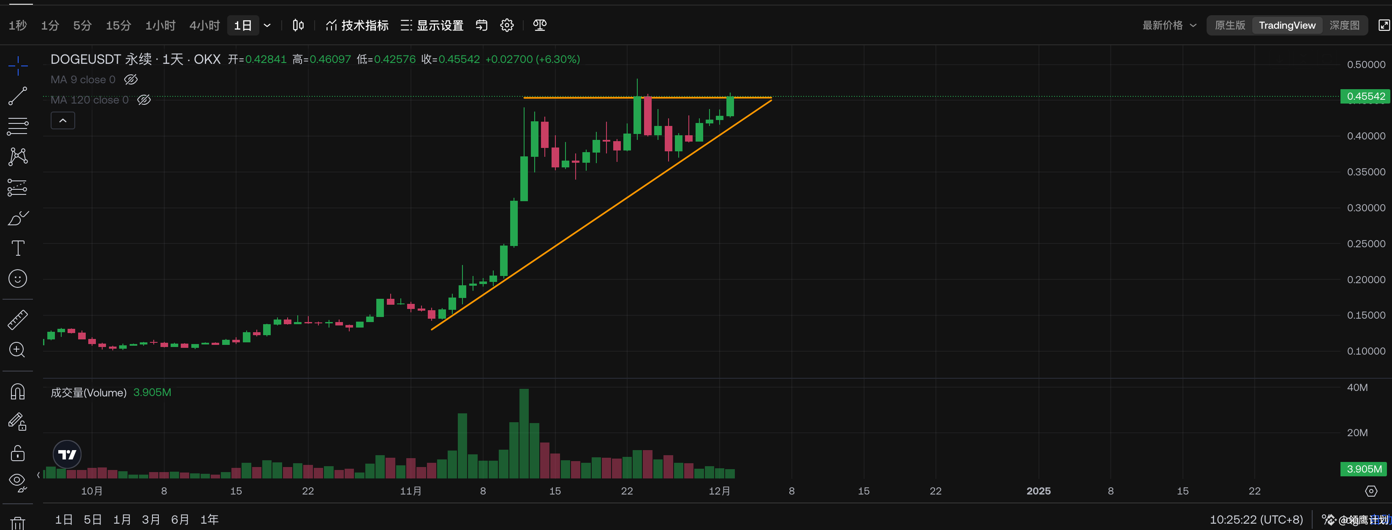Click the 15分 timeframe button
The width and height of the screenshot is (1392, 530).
(118, 25)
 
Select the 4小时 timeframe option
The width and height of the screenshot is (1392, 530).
(204, 25)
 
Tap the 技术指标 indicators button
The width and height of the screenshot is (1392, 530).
(358, 25)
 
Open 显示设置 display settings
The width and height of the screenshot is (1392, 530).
(432, 25)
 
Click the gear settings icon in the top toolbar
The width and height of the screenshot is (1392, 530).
(507, 25)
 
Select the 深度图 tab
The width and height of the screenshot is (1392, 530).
(1344, 25)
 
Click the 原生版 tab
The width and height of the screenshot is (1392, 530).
(1229, 25)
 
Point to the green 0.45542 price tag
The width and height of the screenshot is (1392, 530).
(1365, 96)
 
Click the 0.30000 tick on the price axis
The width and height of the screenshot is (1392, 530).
(1365, 208)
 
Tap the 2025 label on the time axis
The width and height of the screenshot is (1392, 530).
(1038, 491)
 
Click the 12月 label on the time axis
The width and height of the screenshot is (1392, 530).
(719, 491)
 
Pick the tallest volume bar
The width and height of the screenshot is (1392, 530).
(524, 433)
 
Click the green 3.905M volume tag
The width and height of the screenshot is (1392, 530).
(1364, 469)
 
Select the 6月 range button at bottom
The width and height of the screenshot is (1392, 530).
(180, 520)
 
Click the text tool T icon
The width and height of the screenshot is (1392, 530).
(18, 248)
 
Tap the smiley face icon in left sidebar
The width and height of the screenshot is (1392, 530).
(18, 279)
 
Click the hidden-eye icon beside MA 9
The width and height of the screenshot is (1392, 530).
(131, 79)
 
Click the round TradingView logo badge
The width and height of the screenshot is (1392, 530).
(67, 454)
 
